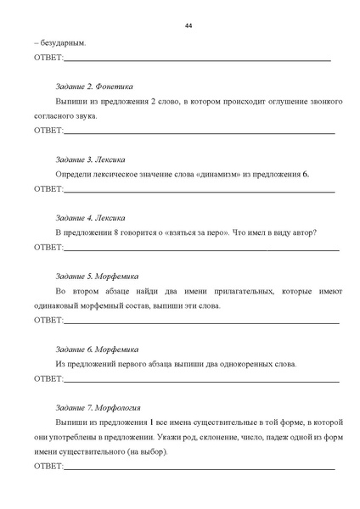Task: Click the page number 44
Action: coord(188,25)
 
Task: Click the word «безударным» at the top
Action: coord(61,42)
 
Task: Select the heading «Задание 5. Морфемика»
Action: coord(97,276)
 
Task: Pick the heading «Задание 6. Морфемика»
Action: coord(97,349)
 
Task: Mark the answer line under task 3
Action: coord(200,191)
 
